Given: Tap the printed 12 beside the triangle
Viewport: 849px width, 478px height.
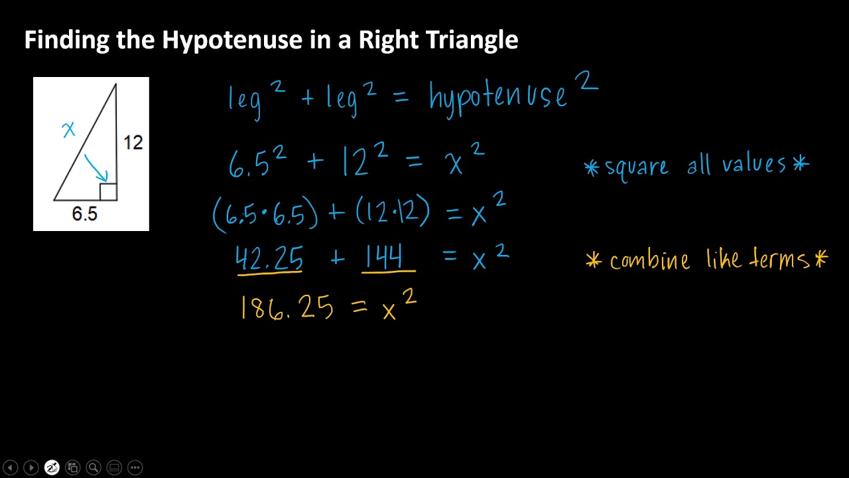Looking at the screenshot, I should click(133, 142).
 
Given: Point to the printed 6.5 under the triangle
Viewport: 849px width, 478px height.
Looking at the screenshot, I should click(84, 214).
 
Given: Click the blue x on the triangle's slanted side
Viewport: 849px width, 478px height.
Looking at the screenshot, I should click(68, 129).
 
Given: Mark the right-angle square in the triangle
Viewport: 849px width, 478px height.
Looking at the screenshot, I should click(108, 192).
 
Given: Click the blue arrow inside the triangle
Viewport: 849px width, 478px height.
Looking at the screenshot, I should click(96, 168).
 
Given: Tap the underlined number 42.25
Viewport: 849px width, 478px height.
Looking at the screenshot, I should click(270, 258).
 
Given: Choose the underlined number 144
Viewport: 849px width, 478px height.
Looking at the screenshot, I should click(389, 258).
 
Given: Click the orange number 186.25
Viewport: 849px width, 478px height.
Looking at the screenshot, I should click(287, 309).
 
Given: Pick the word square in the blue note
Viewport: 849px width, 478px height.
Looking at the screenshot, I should click(637, 166).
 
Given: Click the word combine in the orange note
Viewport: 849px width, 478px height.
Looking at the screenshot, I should click(649, 260).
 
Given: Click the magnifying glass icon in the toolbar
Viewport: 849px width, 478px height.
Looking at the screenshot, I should click(94, 467).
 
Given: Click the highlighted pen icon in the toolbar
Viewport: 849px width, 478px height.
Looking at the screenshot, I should click(52, 467).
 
